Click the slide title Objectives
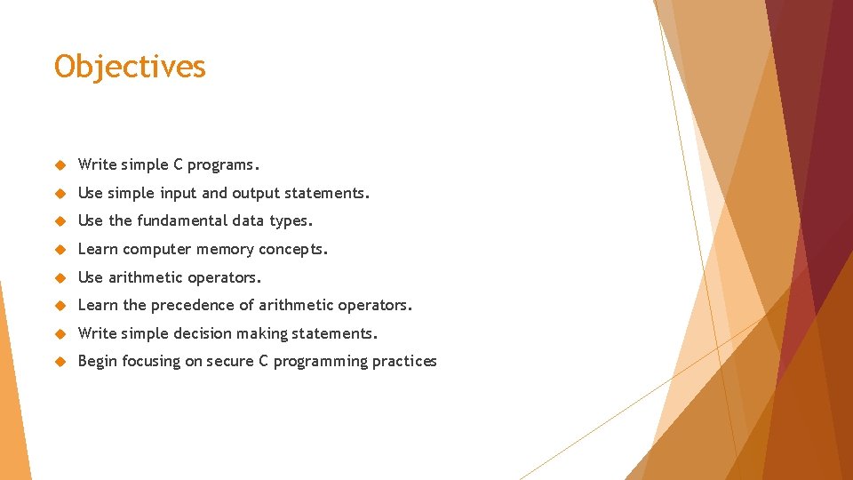130,67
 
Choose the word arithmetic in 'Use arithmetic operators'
150,277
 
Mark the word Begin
98,361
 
